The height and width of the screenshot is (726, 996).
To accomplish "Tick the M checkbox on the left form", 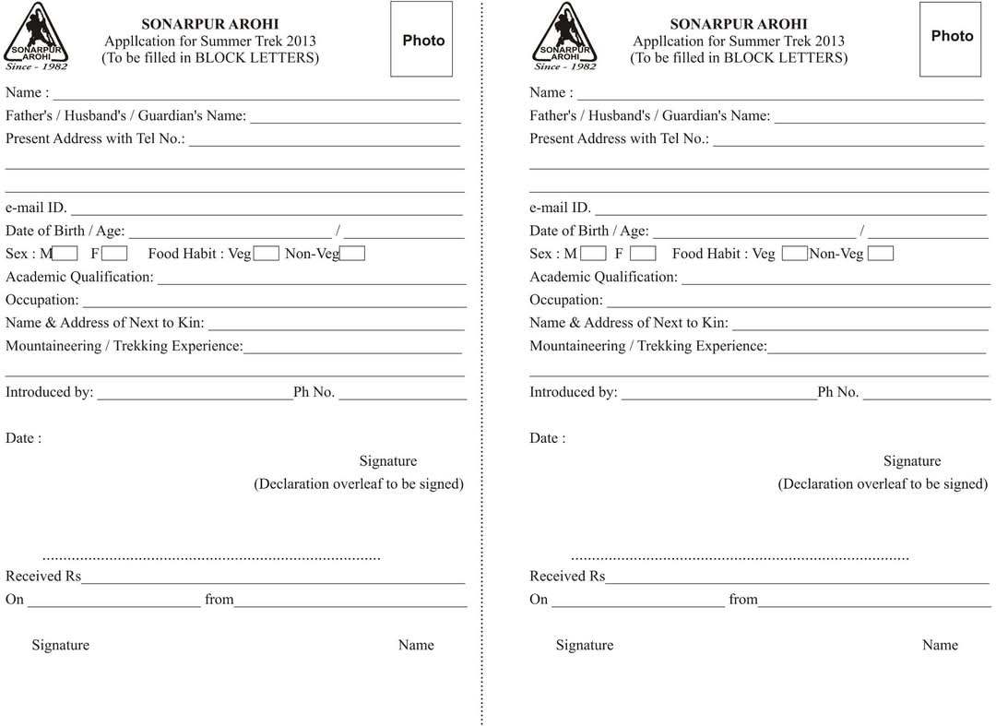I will (65, 254).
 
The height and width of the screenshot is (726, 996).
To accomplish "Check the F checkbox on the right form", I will (643, 254).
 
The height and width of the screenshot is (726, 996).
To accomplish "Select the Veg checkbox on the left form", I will (267, 254).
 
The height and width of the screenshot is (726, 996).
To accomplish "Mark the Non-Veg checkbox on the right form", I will (881, 254).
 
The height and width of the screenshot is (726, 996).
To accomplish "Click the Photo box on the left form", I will (421, 40).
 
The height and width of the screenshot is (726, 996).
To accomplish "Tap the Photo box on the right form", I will (950, 40).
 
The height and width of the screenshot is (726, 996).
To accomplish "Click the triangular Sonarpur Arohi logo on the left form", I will (36, 37).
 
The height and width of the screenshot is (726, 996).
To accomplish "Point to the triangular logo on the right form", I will (564, 37).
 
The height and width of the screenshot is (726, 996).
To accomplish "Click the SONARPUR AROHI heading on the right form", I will (738, 24).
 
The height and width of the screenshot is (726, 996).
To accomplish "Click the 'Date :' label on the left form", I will (23, 438).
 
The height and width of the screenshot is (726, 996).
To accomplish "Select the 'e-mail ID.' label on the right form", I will (560, 208).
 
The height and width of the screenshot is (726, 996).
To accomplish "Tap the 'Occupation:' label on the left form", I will (42, 300).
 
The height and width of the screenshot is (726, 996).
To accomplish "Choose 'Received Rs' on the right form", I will (566, 577).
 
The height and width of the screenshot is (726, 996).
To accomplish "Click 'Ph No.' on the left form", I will (314, 392).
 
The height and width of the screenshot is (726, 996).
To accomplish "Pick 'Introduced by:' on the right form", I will (573, 392).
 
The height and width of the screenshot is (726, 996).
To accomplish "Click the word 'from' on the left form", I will (219, 600).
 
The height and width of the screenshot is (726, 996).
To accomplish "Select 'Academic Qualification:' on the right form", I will (603, 277).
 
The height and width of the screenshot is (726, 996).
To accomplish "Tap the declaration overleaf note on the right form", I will (883, 483).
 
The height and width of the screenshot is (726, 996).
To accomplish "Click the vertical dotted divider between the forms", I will (481, 369).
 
